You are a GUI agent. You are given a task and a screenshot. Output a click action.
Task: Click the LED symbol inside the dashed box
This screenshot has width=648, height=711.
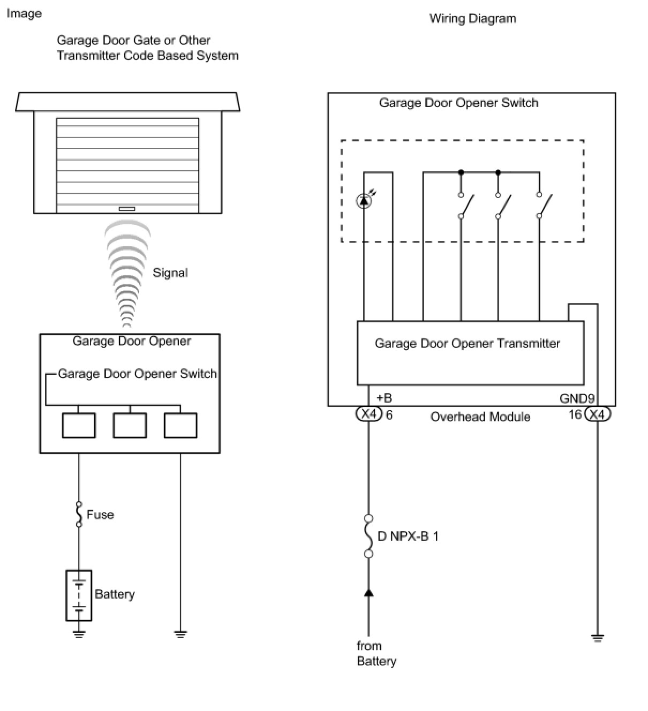click(x=364, y=201)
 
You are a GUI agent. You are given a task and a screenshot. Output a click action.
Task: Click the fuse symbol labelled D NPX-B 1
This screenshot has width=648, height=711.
click(x=368, y=536)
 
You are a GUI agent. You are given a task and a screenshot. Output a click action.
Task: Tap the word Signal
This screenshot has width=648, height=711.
click(x=170, y=273)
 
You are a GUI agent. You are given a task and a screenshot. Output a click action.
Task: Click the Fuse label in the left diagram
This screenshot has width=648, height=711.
click(x=100, y=515)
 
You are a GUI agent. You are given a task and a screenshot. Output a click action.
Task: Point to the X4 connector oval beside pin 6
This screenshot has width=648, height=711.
click(x=369, y=414)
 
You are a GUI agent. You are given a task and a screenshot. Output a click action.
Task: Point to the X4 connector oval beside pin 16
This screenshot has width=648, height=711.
click(x=597, y=414)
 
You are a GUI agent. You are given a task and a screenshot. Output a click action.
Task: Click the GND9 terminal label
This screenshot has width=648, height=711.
click(x=577, y=398)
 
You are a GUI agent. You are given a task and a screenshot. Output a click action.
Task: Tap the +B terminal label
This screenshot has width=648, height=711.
click(x=384, y=398)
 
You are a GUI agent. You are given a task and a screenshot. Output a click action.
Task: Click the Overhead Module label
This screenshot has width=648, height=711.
click(x=480, y=417)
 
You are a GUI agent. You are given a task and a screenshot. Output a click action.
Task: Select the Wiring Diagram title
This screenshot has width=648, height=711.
click(x=473, y=18)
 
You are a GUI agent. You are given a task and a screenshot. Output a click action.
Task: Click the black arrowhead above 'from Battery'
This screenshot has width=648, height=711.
click(x=369, y=592)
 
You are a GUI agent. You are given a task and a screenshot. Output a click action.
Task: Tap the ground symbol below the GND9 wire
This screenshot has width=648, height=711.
click(x=598, y=638)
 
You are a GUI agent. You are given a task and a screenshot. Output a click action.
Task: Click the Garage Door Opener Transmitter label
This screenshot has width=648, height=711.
click(x=467, y=343)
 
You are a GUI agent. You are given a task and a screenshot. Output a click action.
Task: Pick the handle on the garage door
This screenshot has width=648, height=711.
click(x=126, y=209)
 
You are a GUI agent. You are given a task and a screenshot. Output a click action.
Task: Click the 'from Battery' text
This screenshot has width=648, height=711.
click(x=376, y=653)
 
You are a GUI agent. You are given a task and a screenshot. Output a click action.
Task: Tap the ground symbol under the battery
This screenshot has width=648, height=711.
click(x=79, y=634)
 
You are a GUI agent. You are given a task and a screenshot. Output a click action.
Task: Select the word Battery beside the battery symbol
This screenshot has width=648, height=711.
click(x=115, y=594)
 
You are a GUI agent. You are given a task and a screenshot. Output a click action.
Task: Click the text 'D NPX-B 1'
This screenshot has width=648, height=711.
click(x=408, y=536)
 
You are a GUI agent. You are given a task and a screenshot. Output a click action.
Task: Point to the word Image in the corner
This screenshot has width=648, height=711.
click(x=24, y=13)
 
